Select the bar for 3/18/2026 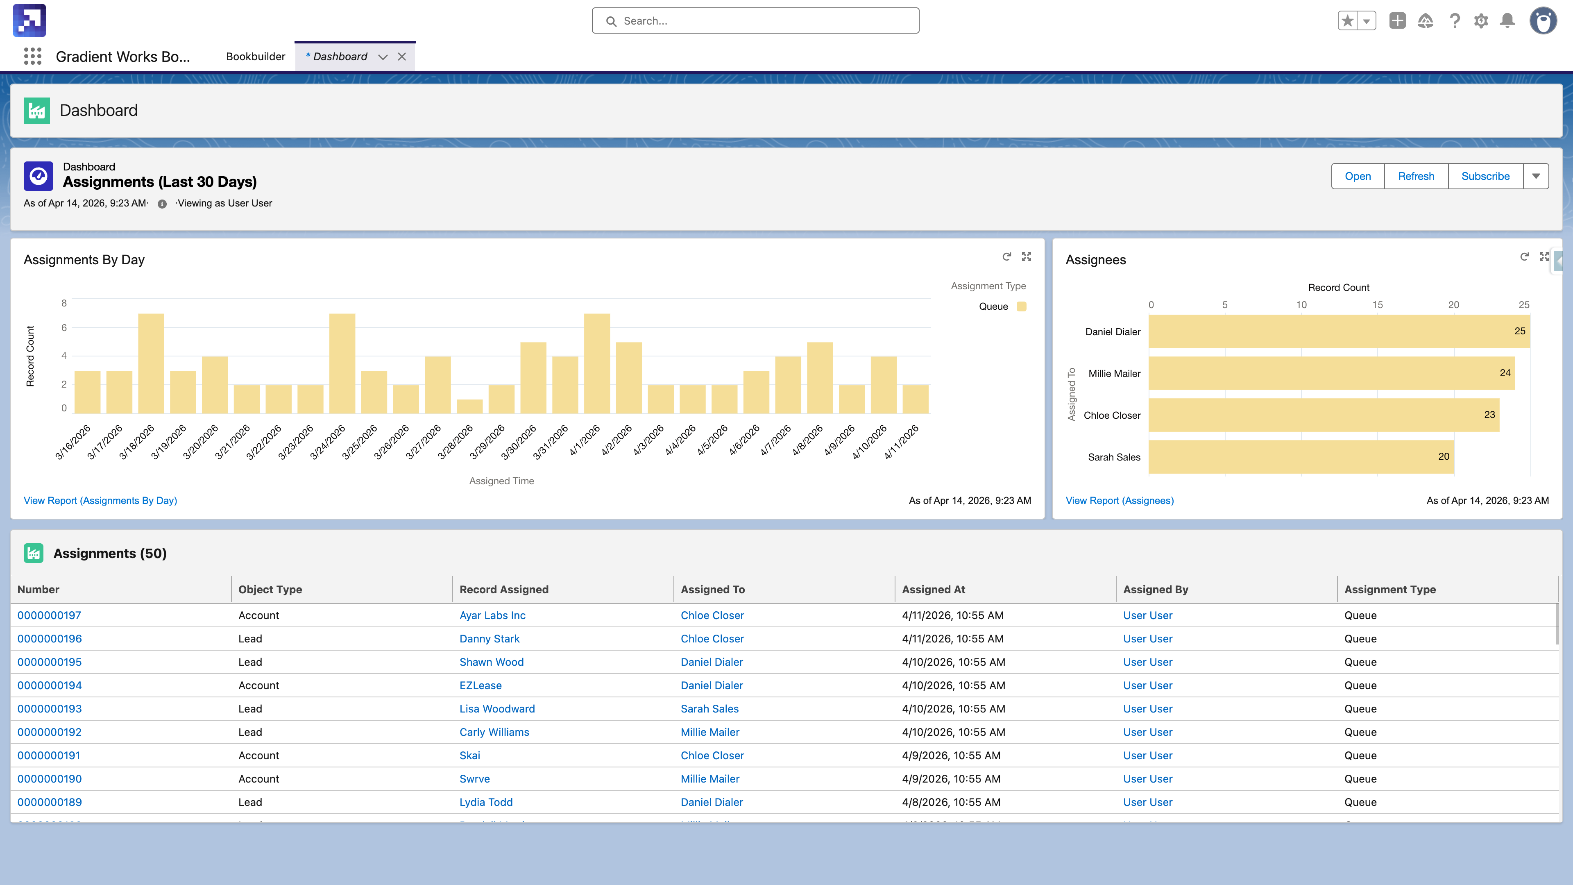pyautogui.click(x=151, y=363)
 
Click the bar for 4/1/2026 pyautogui.click(x=596, y=363)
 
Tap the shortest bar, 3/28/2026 pyautogui.click(x=469, y=407)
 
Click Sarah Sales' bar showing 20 pyautogui.click(x=1301, y=457)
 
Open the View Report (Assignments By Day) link pyautogui.click(x=100, y=501)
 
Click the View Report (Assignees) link pyautogui.click(x=1119, y=501)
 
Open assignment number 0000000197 pyautogui.click(x=49, y=616)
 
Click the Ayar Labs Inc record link pyautogui.click(x=492, y=616)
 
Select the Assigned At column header pyautogui.click(x=933, y=590)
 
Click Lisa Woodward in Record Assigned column pyautogui.click(x=497, y=709)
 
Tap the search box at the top pyautogui.click(x=755, y=21)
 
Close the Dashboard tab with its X pyautogui.click(x=402, y=57)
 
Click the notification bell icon pyautogui.click(x=1507, y=21)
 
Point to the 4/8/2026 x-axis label pyautogui.click(x=808, y=441)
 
